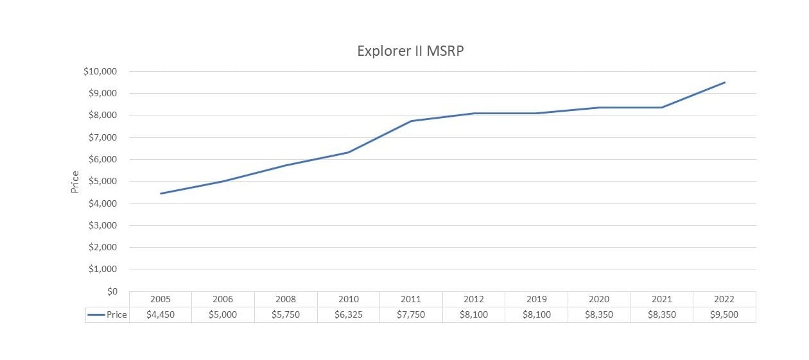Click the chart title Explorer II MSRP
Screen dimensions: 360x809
(x=410, y=51)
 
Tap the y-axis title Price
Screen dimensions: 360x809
(x=74, y=182)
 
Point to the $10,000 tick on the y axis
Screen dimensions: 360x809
(x=100, y=71)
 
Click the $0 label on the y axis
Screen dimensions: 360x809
(x=112, y=291)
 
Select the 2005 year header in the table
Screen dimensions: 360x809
(x=161, y=299)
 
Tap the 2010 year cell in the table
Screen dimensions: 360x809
(x=349, y=299)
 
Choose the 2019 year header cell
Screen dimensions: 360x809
(x=536, y=299)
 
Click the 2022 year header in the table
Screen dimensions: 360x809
(x=724, y=299)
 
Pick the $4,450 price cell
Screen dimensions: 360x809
(x=161, y=315)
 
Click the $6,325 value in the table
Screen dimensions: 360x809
(x=349, y=315)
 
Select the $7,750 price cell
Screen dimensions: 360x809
(x=411, y=315)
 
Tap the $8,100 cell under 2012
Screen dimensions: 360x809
(x=474, y=315)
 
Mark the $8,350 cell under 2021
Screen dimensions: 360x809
(x=661, y=315)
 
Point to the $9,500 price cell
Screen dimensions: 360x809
(x=724, y=315)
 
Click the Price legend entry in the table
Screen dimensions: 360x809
(x=108, y=315)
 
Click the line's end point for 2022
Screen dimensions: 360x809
(x=724, y=82)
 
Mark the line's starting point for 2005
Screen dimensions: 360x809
(x=161, y=193)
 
